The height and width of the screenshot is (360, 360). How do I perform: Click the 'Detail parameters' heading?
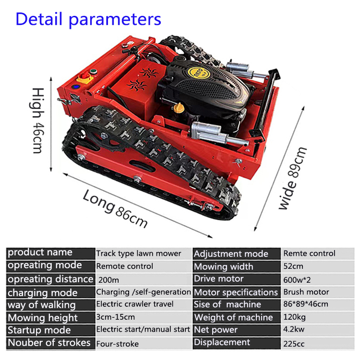pos(88,19)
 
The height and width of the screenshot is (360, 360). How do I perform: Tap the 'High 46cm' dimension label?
pos(39,120)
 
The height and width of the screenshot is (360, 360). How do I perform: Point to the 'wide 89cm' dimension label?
pos(293,178)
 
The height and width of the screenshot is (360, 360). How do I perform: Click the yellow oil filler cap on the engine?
pos(179,106)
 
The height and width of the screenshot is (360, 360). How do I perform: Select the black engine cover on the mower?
pos(211,86)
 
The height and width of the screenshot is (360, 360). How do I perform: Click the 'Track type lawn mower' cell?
pos(139,253)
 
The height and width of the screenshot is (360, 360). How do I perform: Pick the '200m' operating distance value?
pos(107,279)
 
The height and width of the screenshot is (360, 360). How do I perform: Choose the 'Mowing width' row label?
pos(223,266)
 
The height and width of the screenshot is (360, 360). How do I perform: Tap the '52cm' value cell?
pos(293,266)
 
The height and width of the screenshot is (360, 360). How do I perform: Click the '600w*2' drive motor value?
pos(297,279)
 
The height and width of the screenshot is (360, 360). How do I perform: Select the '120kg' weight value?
pos(294,317)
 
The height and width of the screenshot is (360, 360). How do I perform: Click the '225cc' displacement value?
pos(294,343)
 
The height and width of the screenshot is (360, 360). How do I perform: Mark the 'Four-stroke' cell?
pos(118,343)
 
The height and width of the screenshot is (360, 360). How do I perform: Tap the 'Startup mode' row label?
pos(39,330)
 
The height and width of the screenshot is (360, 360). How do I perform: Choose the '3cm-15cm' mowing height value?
pos(116,317)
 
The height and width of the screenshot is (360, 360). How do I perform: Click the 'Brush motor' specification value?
pos(306,292)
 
